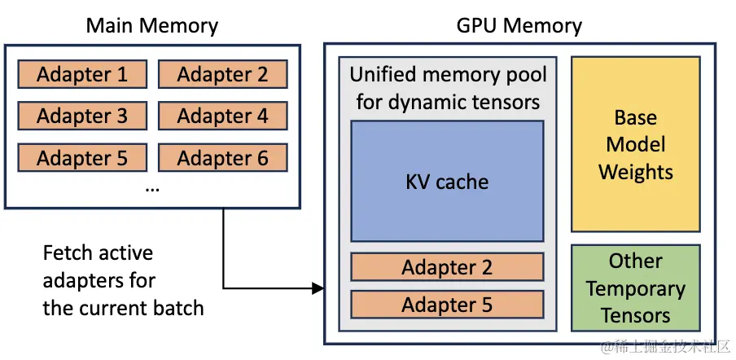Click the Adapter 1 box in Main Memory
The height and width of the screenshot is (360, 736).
click(82, 75)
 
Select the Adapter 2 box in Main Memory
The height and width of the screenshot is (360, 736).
click(222, 75)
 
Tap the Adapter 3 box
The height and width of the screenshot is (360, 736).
click(82, 116)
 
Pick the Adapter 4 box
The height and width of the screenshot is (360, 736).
click(222, 116)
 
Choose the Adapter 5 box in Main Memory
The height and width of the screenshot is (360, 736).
click(82, 157)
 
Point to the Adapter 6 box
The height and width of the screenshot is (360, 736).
click(222, 157)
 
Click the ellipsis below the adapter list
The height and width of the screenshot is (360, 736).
click(152, 187)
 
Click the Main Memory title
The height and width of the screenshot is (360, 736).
click(152, 25)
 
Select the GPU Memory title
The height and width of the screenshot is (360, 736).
click(519, 25)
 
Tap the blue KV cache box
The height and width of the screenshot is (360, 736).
click(447, 181)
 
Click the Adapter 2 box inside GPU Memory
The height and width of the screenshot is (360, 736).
click(447, 267)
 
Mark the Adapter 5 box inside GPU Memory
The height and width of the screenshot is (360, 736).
click(447, 305)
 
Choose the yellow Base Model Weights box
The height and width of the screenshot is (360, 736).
click(635, 144)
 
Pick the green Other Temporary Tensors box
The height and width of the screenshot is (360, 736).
click(635, 288)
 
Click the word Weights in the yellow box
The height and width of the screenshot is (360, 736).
click(635, 172)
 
